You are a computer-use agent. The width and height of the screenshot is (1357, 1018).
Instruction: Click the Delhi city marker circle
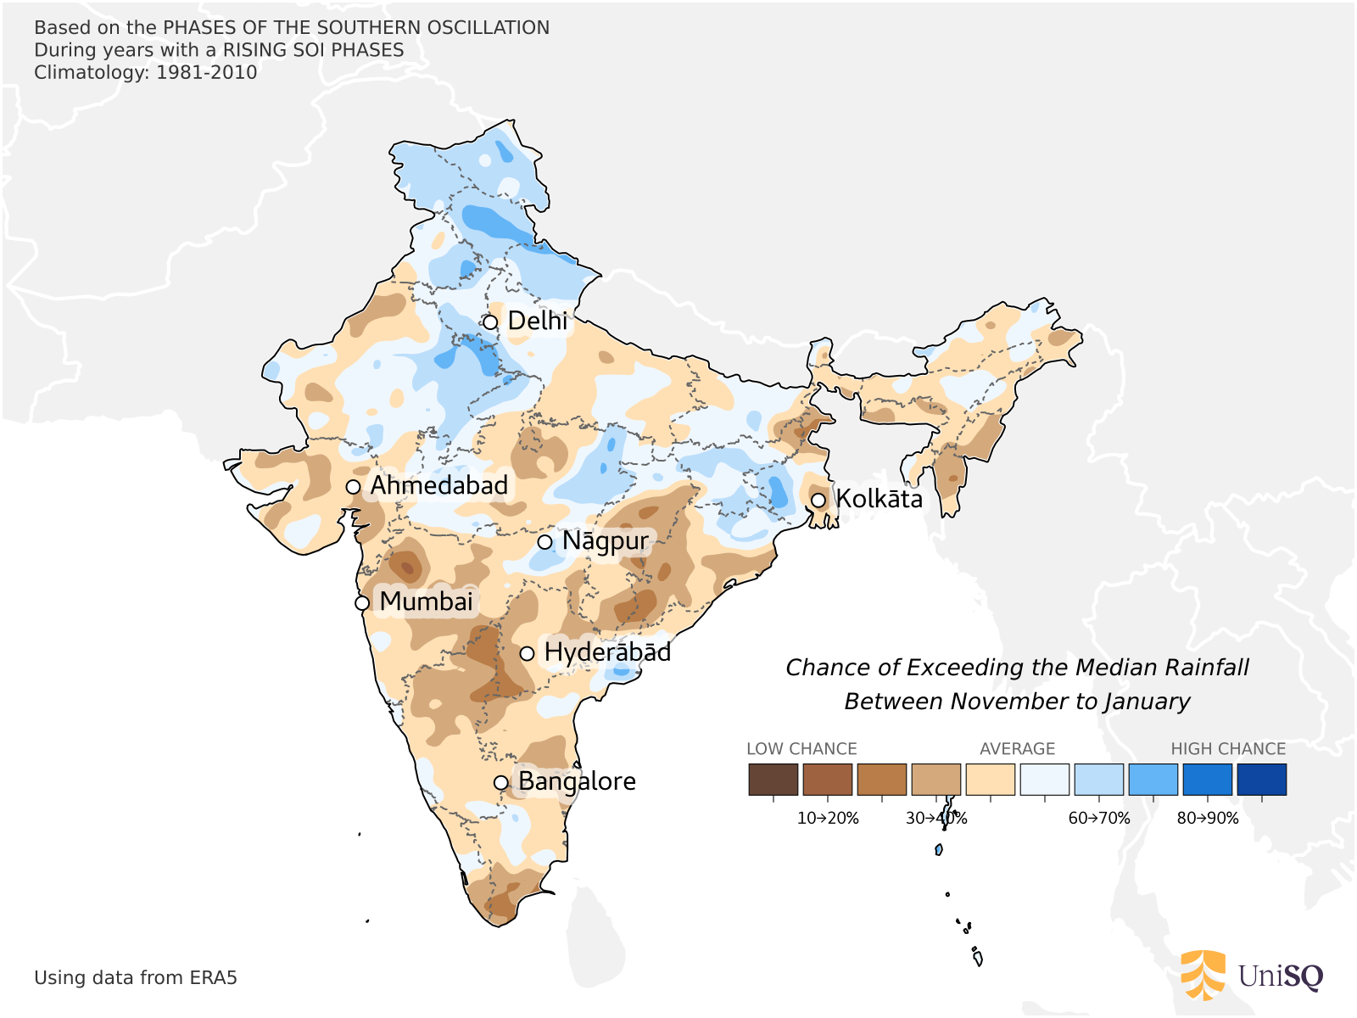pos(490,322)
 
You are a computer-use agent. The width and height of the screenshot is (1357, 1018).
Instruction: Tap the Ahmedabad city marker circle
pos(354,487)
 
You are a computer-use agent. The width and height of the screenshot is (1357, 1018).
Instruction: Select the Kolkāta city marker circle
pos(818,501)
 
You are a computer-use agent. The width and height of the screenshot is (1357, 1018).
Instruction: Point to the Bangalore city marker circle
pos(501,782)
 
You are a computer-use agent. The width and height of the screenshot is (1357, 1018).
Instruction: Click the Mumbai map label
pos(426,601)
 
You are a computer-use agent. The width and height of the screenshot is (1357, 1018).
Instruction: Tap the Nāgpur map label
pos(605,541)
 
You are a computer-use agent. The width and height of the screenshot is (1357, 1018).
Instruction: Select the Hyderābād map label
pos(607,652)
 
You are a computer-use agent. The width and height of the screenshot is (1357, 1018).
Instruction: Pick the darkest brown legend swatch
pos(773,779)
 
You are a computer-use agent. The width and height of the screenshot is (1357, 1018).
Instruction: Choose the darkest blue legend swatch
pos(1261,779)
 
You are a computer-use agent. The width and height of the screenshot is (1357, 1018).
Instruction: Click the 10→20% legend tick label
pos(828,819)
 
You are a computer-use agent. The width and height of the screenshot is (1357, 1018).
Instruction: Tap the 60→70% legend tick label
pos(1099,819)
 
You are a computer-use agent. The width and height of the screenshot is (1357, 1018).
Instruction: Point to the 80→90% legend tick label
pos(1208,819)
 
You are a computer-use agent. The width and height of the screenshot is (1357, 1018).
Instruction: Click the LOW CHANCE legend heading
pos(801,749)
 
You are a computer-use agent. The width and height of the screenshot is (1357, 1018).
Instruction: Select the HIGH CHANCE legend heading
pos(1228,749)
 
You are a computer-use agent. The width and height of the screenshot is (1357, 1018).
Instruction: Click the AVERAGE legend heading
pos(1017,749)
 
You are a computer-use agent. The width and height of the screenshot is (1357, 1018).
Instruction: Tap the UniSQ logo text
pos(1280,976)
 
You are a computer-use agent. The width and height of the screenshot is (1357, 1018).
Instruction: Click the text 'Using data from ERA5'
pos(136,978)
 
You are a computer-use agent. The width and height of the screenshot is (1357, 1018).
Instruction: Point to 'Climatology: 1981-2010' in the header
pos(146,72)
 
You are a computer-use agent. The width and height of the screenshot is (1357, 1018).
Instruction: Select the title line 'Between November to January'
pos(1017,702)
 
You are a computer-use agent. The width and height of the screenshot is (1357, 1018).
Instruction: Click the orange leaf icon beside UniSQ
pos(1203,975)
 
